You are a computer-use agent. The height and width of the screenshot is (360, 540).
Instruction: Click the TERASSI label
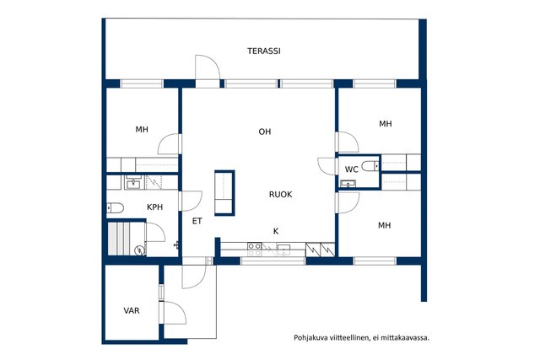pos(264,51)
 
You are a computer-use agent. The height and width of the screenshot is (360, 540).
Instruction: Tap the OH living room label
pos(265,132)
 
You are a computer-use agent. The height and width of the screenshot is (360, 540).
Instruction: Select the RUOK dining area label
pos(280,195)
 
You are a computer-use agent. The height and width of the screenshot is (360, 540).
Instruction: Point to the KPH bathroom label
pos(154,207)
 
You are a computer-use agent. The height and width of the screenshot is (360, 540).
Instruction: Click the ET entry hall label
pos(197,221)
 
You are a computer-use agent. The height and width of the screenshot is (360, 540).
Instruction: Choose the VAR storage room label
pos(132,311)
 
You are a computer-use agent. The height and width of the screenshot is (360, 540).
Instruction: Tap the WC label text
pos(352,169)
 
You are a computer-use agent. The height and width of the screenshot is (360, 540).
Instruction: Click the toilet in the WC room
pos(370,166)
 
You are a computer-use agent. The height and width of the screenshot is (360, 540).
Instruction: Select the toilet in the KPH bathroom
pos(115,208)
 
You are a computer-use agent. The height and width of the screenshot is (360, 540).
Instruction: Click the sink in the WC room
pos(348,184)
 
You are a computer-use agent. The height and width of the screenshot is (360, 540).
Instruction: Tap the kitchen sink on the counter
pos(284,247)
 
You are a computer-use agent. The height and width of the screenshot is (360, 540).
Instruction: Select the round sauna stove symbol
pos(139,250)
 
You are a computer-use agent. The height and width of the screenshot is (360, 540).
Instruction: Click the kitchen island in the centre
pos(224,193)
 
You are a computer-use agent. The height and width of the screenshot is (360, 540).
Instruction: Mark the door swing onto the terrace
pos(208,67)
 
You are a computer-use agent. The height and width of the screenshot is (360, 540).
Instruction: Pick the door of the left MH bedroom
pos(170,144)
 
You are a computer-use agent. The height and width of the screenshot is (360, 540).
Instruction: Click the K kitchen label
pos(276,232)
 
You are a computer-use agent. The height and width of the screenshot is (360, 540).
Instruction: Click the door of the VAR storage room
pos(175,313)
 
